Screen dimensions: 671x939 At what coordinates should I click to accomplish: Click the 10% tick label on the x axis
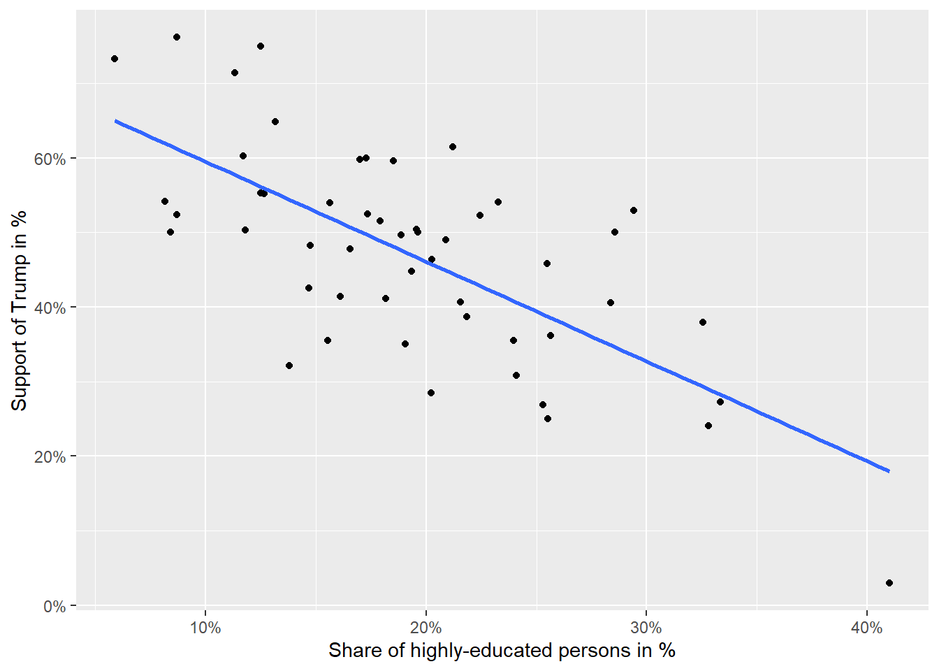pos(205,628)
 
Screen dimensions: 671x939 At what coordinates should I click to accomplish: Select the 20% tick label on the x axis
pos(425,628)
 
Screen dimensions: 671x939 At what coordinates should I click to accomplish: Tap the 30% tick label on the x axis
pos(646,628)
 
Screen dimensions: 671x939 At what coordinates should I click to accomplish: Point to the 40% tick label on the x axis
pos(866,628)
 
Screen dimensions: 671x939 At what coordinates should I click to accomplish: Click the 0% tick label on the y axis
pos(54,607)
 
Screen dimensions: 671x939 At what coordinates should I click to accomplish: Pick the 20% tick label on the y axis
pos(50,457)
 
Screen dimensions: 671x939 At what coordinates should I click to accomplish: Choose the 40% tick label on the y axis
pos(50,308)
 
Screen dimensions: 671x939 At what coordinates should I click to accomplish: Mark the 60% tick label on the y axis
pos(50,159)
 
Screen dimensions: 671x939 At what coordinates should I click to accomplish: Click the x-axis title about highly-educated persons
pos(502,651)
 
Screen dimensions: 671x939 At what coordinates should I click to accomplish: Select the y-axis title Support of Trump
pos(19,310)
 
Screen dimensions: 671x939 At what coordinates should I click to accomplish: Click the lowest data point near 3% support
pos(889,583)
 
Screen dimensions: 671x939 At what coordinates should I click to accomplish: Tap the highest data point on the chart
pos(177,37)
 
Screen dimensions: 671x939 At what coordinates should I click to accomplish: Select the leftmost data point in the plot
pos(115,59)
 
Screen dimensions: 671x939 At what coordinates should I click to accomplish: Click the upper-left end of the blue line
pos(116,121)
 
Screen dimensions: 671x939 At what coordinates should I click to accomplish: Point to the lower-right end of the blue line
pos(889,471)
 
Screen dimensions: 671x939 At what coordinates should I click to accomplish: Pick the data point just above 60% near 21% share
pos(453,147)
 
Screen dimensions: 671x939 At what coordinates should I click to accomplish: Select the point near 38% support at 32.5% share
pos(703,322)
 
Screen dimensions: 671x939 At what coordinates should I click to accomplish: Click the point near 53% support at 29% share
pos(634,210)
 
